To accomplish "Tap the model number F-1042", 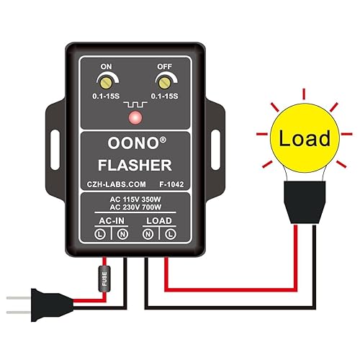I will [172, 184].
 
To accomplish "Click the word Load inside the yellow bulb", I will [305, 138].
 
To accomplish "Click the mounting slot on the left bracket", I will [55, 135].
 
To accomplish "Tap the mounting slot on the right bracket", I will [215, 135].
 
